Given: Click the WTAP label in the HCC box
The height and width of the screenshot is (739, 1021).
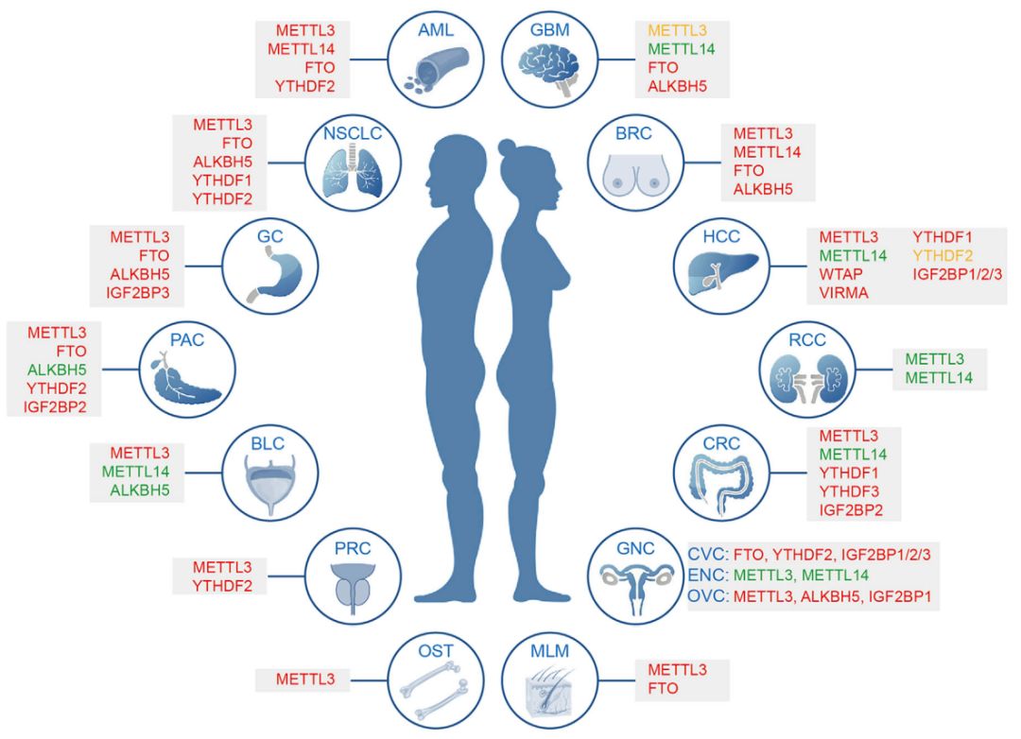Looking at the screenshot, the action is click(839, 274).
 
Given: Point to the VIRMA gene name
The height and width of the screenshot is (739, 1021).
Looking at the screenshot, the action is click(842, 293).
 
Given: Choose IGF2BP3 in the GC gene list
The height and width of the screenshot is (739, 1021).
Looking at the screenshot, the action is click(139, 293).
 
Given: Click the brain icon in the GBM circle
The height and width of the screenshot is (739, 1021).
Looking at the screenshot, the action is click(548, 68).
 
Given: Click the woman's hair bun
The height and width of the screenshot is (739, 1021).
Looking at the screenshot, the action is click(509, 149).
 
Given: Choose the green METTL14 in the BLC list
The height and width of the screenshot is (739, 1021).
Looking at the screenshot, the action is click(139, 472).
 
